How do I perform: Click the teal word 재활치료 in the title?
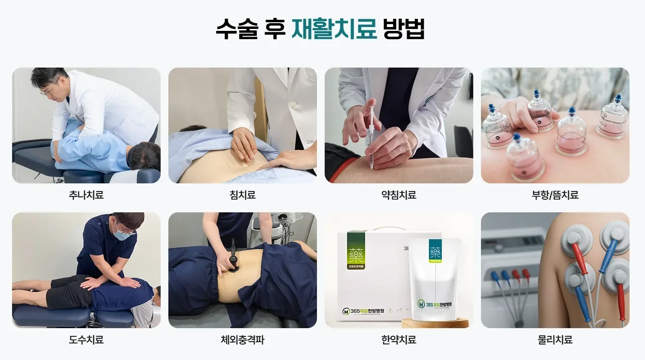point(334,29)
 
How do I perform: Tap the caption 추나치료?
point(86,195)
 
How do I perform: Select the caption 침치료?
point(242,195)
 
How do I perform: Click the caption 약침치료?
point(398,195)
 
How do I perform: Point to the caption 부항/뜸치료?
point(555,195)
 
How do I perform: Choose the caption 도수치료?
point(86,340)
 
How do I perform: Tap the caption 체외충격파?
point(242,340)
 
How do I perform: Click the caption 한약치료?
point(398,340)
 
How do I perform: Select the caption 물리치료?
point(555,340)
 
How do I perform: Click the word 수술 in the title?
point(234,29)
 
